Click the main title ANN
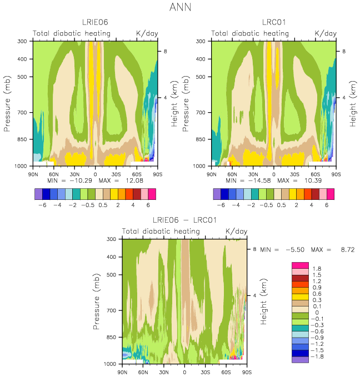180,7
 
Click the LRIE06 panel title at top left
95,22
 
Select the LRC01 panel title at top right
274,22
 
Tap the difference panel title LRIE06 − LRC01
184,220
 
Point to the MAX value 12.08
134,180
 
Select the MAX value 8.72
347,250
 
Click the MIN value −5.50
295,250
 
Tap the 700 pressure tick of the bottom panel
111,310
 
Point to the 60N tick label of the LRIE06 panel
54,174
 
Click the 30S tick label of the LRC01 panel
294,174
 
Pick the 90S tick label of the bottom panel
247,372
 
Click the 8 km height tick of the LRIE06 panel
165,51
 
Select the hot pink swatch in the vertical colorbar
300,265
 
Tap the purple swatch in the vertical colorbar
300,360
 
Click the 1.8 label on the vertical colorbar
317,269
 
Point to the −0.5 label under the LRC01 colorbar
266,205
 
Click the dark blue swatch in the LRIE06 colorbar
46,194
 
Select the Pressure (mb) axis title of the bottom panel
96,301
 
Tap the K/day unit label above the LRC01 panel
326,33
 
